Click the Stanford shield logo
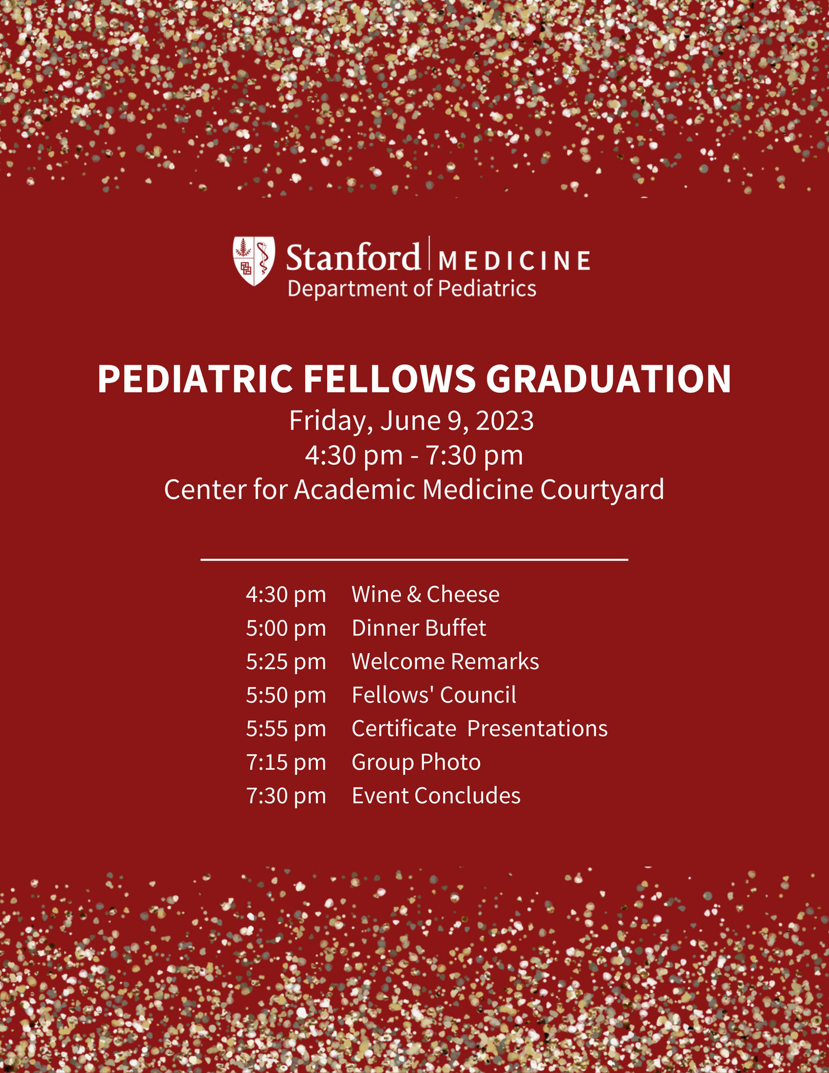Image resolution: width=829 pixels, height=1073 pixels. point(254,261)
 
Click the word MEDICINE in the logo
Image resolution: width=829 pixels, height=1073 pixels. point(515,261)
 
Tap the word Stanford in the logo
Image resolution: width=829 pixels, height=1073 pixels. point(353,258)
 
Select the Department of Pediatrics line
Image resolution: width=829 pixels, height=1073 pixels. point(412,288)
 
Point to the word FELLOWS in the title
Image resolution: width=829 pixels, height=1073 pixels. point(389,379)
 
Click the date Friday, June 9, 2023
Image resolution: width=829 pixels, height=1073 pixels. point(411,421)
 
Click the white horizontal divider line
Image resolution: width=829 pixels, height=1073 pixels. point(414,559)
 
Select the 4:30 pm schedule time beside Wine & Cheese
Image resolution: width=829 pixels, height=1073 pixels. point(286,595)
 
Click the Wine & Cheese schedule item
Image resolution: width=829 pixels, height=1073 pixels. point(425,595)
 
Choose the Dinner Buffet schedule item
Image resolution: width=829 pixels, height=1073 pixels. point(419,628)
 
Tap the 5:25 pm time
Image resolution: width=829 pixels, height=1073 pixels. point(286,662)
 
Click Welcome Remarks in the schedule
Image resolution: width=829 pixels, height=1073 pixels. point(445,662)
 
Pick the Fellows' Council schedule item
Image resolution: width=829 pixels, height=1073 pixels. point(434,695)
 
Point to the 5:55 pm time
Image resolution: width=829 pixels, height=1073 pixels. point(286,729)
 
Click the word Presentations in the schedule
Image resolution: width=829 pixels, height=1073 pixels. point(537,729)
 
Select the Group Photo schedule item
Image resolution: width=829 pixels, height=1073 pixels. point(416,762)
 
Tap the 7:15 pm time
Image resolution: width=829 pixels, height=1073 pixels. point(286,763)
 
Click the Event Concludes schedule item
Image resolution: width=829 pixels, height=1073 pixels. point(436,796)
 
